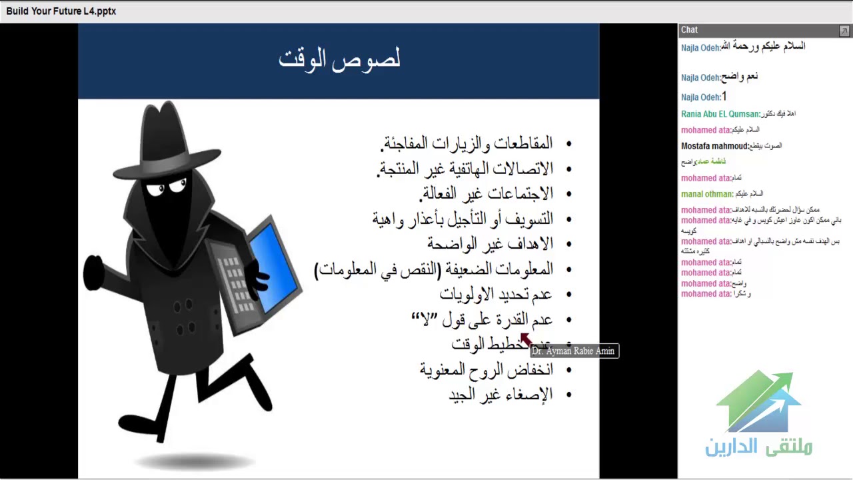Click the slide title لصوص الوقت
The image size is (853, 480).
[x=339, y=59]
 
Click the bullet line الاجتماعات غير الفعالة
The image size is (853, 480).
[x=486, y=193]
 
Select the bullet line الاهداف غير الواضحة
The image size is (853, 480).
[x=490, y=243]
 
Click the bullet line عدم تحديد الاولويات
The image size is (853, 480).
[x=496, y=293]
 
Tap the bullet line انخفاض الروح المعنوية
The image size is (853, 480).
[x=486, y=369]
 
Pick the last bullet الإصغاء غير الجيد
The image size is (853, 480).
[x=500, y=394]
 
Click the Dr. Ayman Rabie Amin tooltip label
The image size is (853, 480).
[x=574, y=351]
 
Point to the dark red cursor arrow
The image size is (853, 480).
[x=524, y=339]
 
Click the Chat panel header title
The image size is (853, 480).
[x=689, y=30]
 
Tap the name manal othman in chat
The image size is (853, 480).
[x=706, y=194]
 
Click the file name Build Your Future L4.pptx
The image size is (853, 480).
[x=61, y=11]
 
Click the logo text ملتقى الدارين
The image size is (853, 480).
[x=758, y=446]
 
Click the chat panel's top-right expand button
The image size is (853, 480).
[x=844, y=31]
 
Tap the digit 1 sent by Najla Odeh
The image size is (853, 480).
[x=724, y=97]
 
